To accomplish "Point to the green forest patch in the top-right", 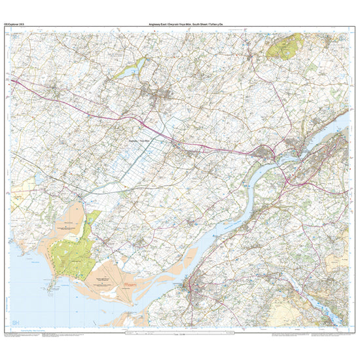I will click(282, 46).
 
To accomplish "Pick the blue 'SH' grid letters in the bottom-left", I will click(16, 323).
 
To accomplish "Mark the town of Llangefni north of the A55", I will click(161, 98).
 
